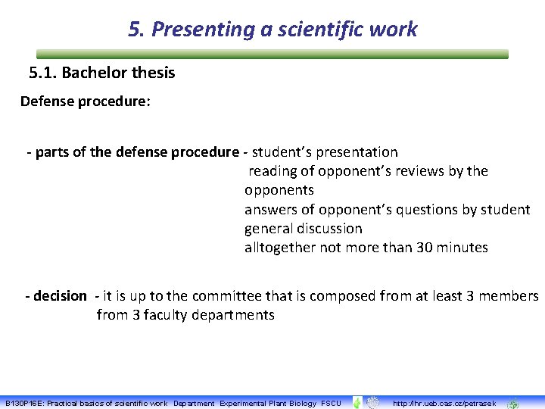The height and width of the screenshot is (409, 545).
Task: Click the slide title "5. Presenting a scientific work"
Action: click(x=272, y=30)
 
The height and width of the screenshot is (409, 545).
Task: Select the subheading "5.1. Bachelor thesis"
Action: click(x=101, y=73)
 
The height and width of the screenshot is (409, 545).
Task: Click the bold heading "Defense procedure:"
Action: click(x=86, y=101)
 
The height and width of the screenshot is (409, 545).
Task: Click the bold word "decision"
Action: click(x=59, y=296)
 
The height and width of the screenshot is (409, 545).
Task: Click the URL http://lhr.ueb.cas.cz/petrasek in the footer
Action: click(x=444, y=404)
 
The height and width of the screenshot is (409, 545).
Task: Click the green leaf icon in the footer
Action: click(x=357, y=403)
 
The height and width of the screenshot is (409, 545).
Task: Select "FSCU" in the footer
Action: click(x=331, y=404)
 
